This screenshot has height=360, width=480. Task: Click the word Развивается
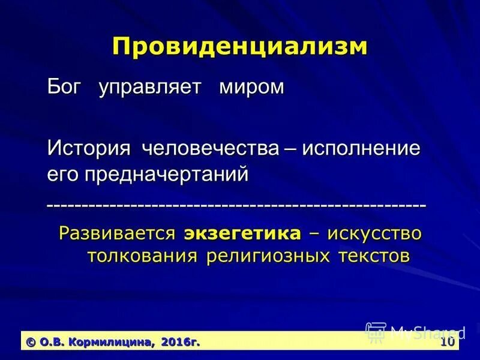118,233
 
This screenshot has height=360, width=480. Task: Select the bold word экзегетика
242,233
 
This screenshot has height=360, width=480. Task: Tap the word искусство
374,233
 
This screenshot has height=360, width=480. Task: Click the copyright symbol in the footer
31,341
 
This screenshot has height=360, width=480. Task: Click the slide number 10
447,341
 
